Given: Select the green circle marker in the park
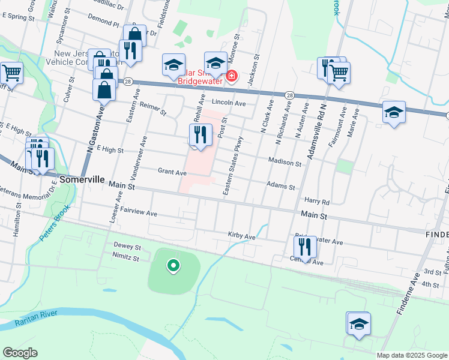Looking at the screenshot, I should tap(173, 264).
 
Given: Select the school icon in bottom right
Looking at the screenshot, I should tap(359, 323).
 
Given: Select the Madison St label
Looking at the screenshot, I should tap(285, 163).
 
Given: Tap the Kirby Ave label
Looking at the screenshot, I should tap(242, 236).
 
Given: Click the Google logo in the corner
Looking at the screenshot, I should tap(20, 352).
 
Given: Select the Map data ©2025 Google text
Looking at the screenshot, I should tap(412, 356).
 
